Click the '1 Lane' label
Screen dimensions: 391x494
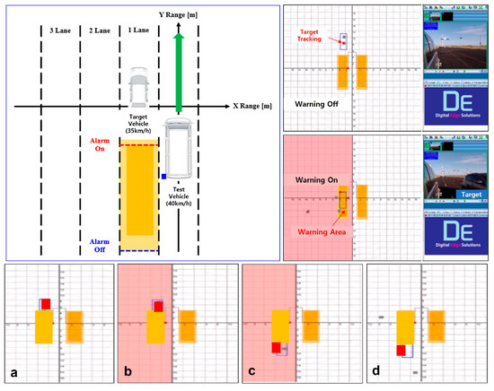pos(142,30)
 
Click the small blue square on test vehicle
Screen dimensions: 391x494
pos(163,176)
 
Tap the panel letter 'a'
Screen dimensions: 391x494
pos(14,370)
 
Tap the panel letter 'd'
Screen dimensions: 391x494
pos(375,370)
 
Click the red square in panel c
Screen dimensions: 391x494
pos(277,347)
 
